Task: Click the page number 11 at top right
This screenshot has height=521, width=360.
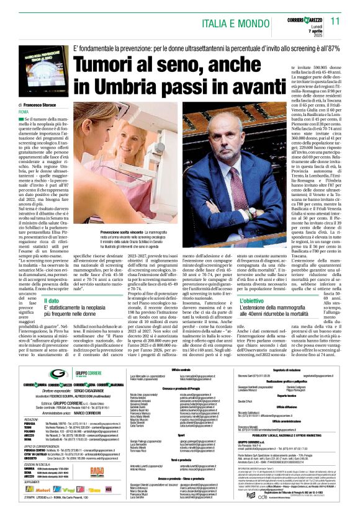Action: point(335,21)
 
